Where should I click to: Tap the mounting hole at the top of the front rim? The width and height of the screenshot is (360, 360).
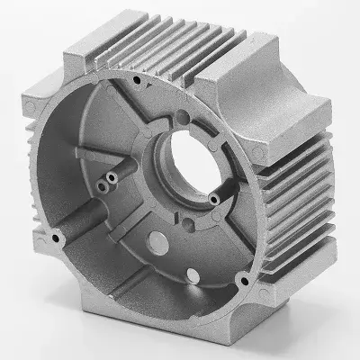[x=135, y=81]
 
